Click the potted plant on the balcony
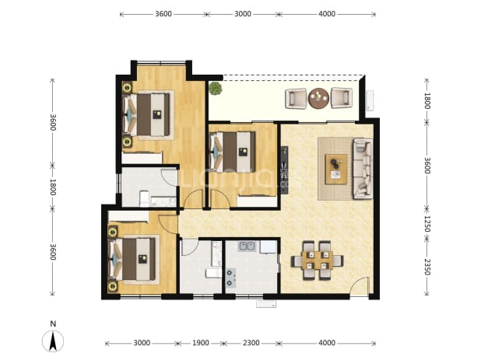tap(216, 88)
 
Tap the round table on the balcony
tap(319, 98)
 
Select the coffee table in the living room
tap(336, 170)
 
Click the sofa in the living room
tap(363, 169)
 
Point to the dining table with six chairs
tap(318, 260)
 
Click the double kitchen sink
tap(247, 246)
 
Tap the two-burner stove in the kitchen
tap(231, 278)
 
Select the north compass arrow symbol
tap(53, 341)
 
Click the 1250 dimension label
tap(427, 224)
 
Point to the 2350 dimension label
tap(427, 267)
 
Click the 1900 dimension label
tap(201, 343)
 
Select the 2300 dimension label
tap(251, 343)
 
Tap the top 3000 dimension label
tap(243, 14)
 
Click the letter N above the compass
tap(53, 324)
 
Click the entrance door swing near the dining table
tap(360, 286)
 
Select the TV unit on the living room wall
tap(284, 170)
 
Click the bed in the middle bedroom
tap(233, 152)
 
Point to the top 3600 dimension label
tap(163, 14)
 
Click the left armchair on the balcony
tap(296, 98)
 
